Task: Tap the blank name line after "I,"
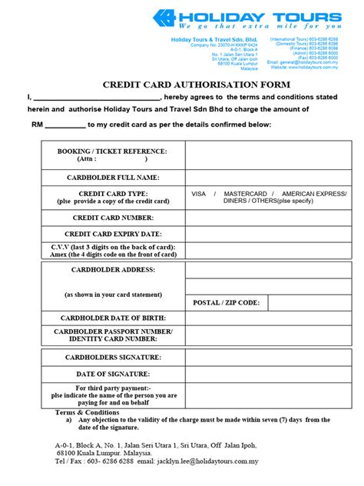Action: pos(97,98)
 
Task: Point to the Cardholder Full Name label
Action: pos(112,178)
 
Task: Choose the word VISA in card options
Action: pos(199,194)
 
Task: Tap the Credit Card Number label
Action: pos(112,218)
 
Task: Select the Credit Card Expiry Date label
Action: pos(112,233)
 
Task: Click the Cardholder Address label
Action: pos(112,270)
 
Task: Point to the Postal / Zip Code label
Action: pos(227,303)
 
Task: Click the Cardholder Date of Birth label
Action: pos(112,317)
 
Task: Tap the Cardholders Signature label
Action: pos(112,358)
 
